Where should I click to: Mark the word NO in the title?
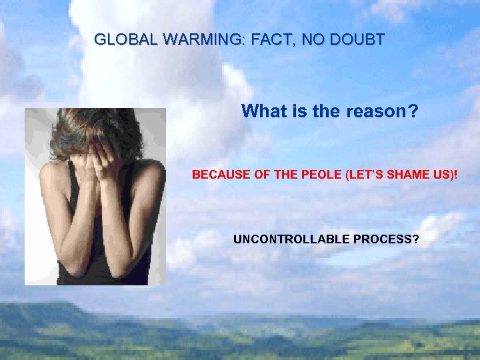[x=311, y=39]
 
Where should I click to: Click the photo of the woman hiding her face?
[x=95, y=197]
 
